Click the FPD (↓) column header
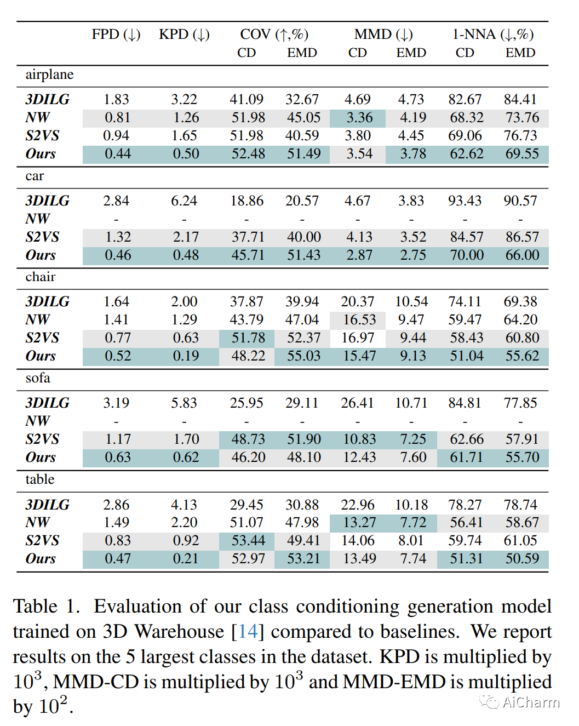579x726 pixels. point(116,35)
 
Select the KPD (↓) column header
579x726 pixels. point(184,35)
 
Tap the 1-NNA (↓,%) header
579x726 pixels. point(492,35)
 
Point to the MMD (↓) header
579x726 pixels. point(383,35)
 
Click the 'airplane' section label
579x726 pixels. point(49,75)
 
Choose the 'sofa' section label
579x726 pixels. point(38,378)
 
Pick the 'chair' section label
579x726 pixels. point(41,277)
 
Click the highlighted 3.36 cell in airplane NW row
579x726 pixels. point(359,118)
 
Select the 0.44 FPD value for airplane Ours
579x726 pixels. point(118,154)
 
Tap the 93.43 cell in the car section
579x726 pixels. point(465,201)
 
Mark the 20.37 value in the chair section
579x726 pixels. point(357,302)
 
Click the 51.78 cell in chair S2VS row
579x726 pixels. point(248,338)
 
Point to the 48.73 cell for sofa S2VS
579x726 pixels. point(248,439)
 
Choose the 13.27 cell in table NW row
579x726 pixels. point(359,523)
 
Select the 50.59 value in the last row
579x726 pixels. point(522,559)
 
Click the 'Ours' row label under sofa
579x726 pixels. point(41,458)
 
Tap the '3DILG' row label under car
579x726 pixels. point(47,201)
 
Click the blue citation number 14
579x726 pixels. point(248,632)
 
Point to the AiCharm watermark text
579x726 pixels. point(530,702)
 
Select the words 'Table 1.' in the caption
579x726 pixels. point(47,607)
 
